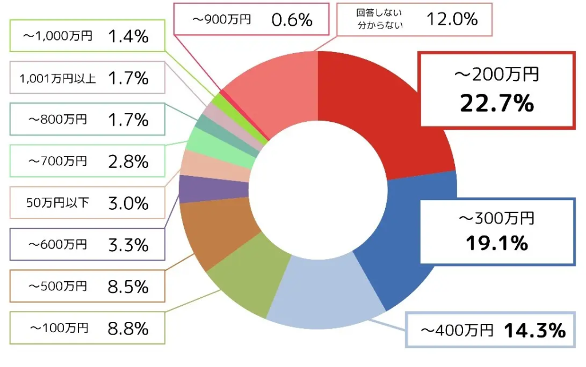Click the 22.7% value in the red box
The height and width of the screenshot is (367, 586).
[497, 103]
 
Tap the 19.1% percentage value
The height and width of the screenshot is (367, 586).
[496, 244]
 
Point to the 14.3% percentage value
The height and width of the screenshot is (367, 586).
[534, 330]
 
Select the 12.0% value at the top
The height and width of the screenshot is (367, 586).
[452, 19]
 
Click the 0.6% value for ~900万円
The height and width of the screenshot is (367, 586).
[292, 20]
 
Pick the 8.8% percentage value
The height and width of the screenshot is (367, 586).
[128, 328]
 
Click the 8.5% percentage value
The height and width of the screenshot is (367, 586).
[128, 286]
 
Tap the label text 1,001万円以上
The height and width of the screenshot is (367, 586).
[57, 78]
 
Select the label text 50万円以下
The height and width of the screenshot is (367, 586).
[57, 203]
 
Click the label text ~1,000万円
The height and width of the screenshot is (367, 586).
[57, 37]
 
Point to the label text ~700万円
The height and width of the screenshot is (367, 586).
[57, 162]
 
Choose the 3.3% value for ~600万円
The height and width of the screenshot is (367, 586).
[128, 245]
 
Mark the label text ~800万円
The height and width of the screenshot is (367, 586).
[57, 120]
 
